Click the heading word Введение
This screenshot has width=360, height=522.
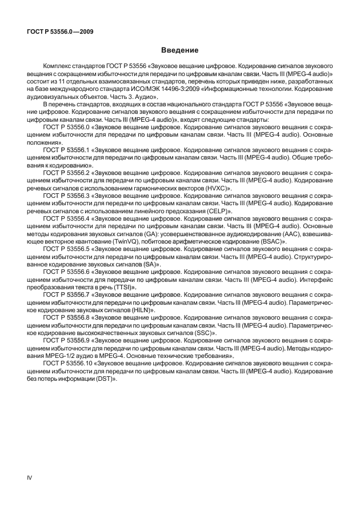click(x=179, y=50)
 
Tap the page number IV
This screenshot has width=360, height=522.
click(x=30, y=476)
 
